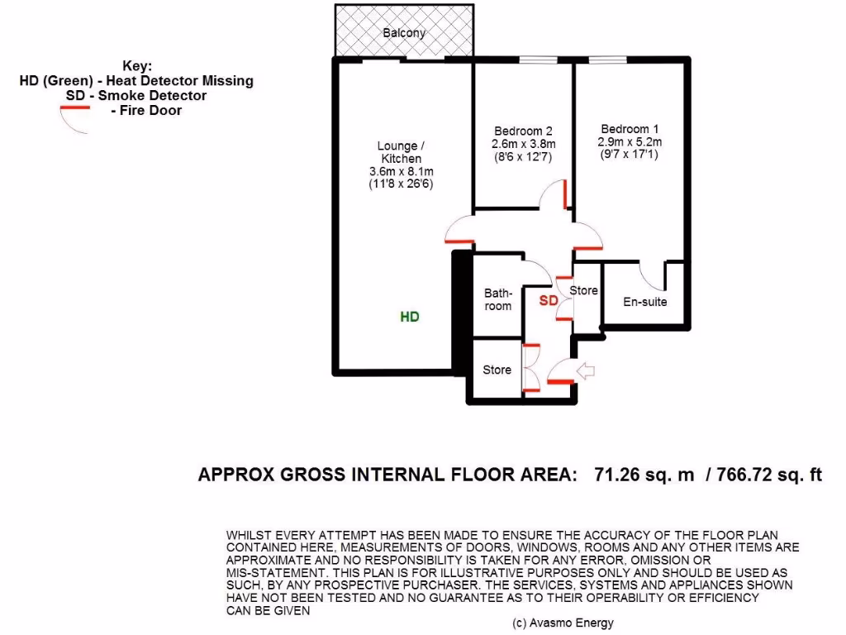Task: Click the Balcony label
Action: click(x=404, y=33)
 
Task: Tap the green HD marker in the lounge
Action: click(x=410, y=317)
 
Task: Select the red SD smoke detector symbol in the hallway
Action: click(x=549, y=300)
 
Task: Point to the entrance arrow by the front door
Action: click(x=586, y=371)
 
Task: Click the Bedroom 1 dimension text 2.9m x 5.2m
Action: click(x=629, y=142)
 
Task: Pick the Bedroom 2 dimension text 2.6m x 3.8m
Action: click(x=523, y=144)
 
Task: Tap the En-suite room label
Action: click(x=644, y=302)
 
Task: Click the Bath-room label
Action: click(x=497, y=299)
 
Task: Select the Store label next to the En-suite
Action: click(x=584, y=290)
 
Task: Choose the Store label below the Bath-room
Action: click(x=497, y=370)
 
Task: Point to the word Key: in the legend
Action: click(x=137, y=66)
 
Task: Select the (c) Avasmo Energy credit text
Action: click(x=563, y=623)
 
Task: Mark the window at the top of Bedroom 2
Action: click(x=539, y=60)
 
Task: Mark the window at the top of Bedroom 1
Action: click(x=607, y=60)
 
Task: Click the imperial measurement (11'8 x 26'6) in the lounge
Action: click(x=401, y=184)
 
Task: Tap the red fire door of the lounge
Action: click(x=459, y=241)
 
